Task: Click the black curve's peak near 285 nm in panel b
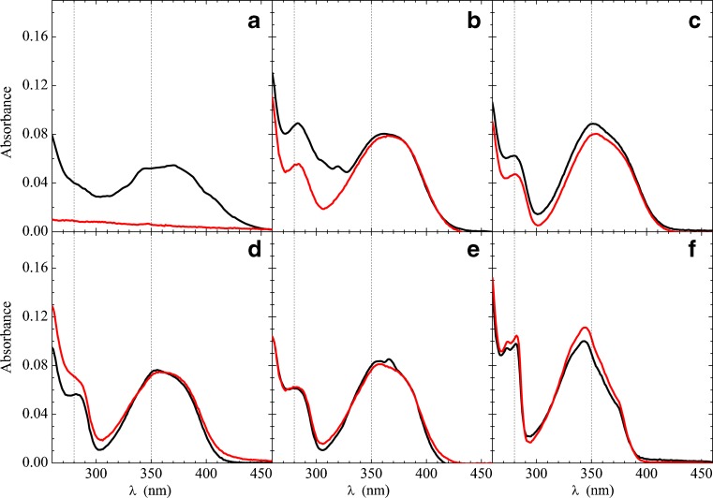point(299,124)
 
